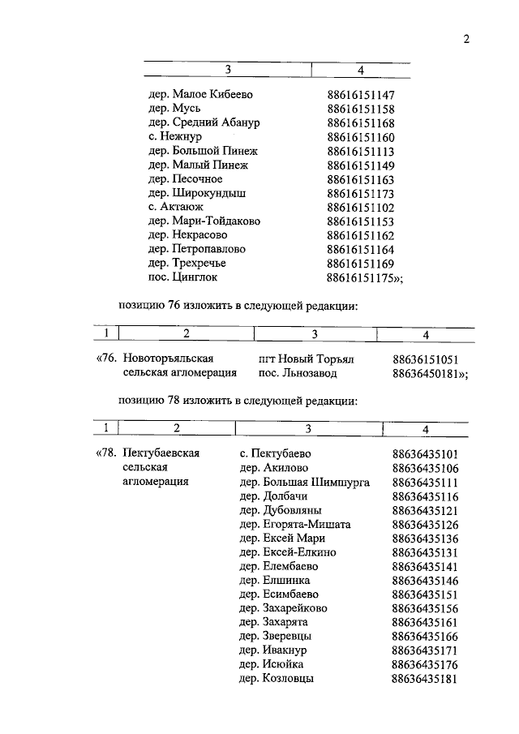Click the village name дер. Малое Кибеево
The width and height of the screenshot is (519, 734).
click(x=200, y=95)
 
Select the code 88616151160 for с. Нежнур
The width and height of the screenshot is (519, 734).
click(x=361, y=137)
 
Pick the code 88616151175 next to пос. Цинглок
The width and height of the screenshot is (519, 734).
click(x=364, y=277)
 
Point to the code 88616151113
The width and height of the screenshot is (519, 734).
click(x=361, y=151)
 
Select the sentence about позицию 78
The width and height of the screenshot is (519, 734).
click(x=238, y=400)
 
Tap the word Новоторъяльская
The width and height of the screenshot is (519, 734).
click(x=174, y=358)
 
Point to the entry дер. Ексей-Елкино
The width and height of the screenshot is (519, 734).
click(x=288, y=552)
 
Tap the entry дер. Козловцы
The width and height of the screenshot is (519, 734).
click(x=277, y=678)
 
